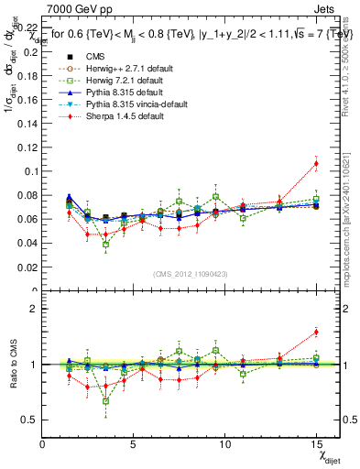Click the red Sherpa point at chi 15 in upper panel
(316, 164)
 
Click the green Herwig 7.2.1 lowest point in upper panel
(105, 245)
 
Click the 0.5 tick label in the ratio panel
(30, 420)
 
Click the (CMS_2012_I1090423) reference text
(191, 275)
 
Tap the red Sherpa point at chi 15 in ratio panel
(316, 333)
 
